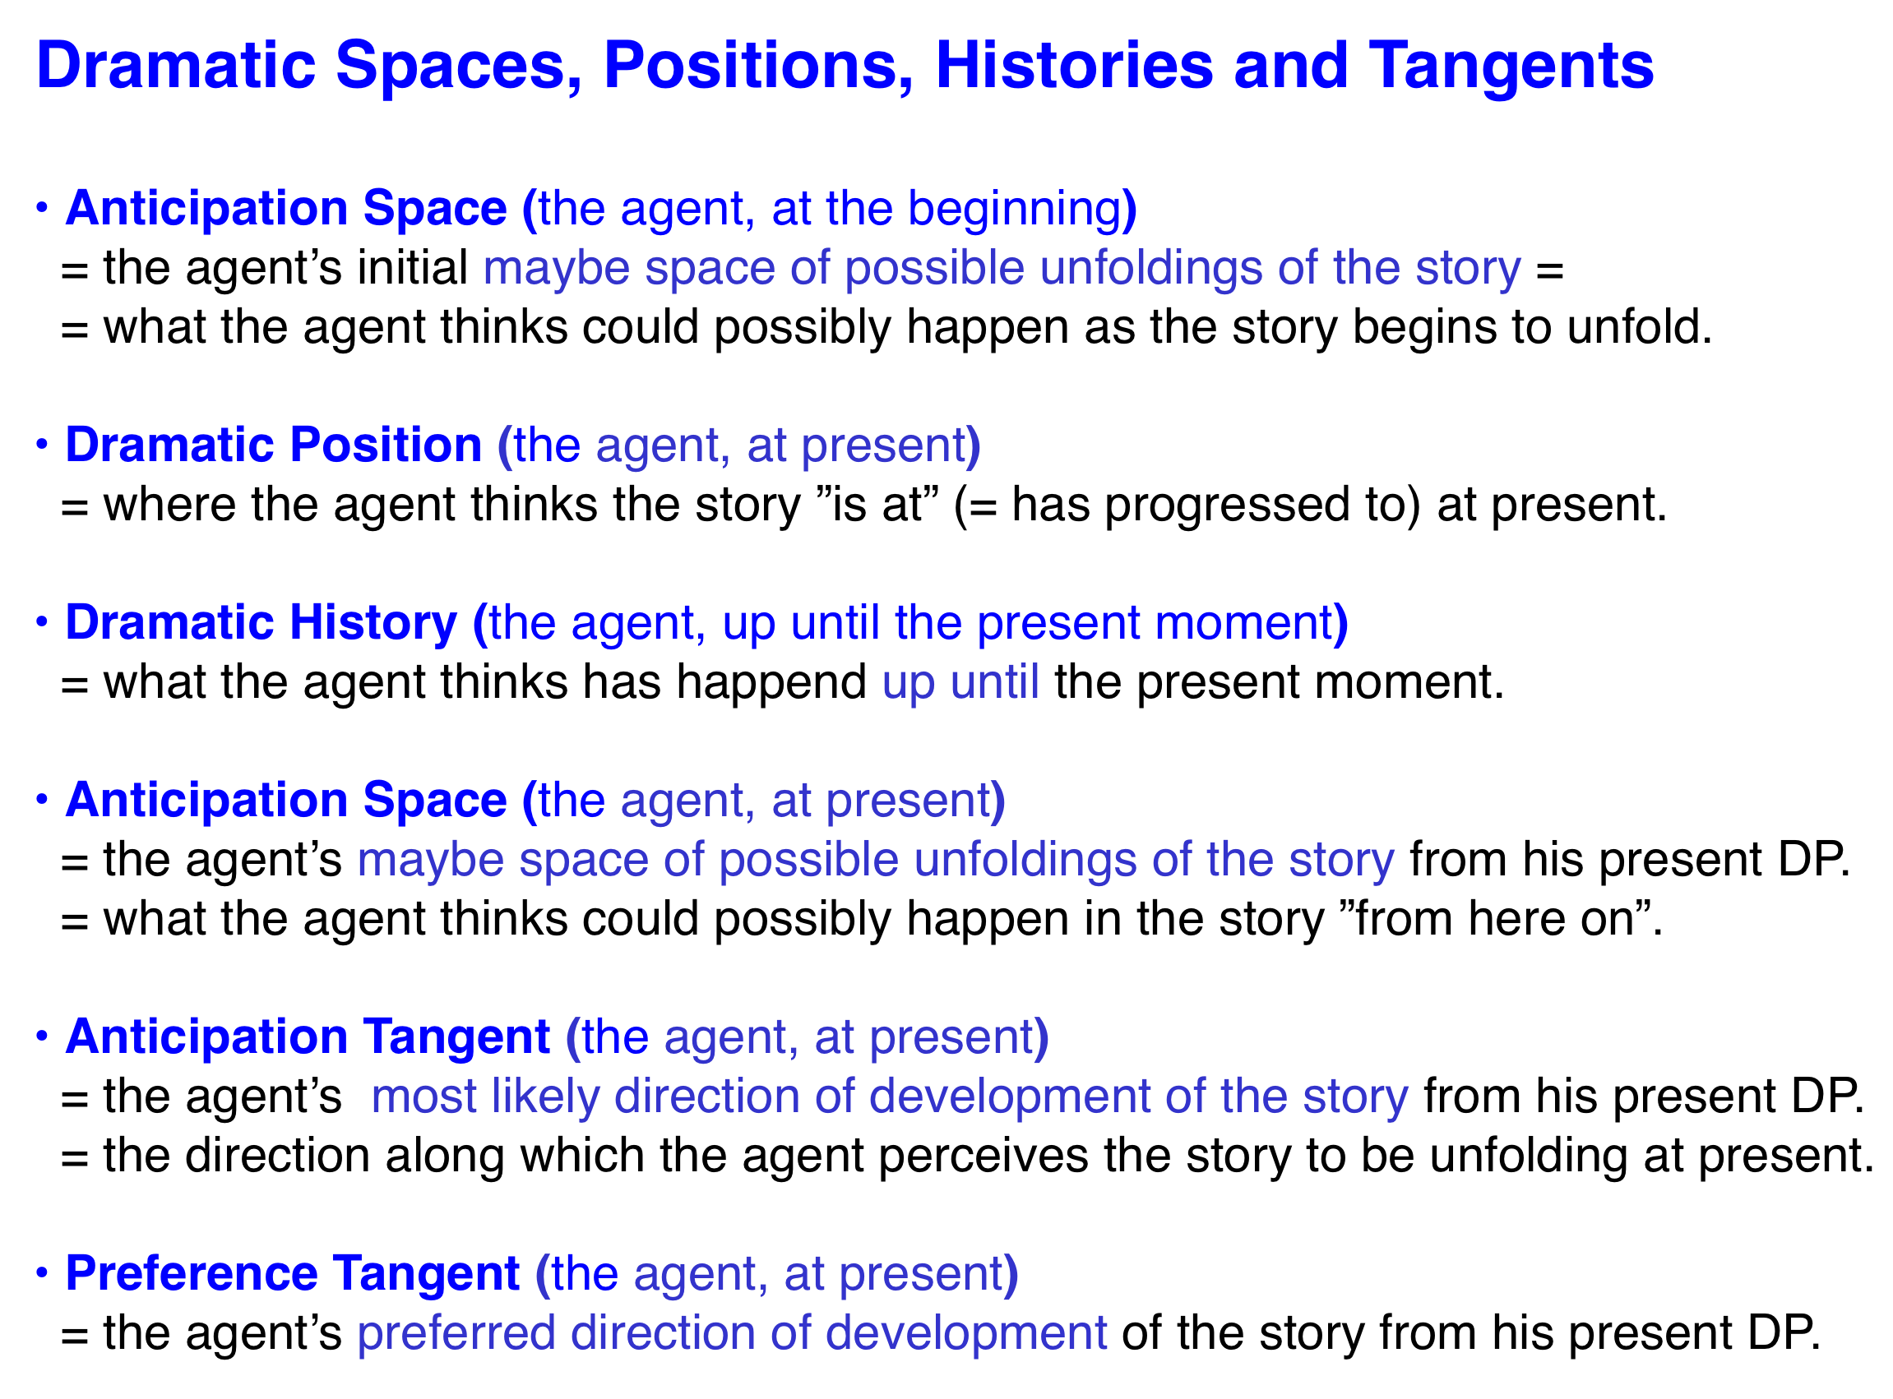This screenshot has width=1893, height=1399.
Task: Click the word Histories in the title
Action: click(x=1075, y=65)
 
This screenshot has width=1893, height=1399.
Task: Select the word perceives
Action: click(x=984, y=1157)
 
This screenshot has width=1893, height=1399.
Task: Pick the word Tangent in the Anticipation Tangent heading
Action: click(x=457, y=1038)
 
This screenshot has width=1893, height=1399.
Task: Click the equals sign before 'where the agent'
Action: click(x=75, y=508)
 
